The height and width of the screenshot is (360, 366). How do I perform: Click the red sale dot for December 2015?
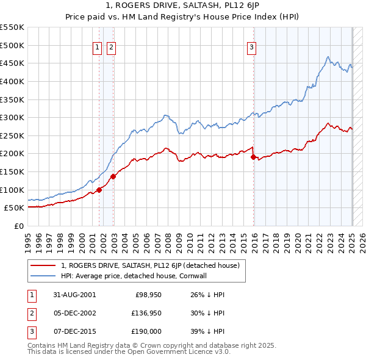point(253,157)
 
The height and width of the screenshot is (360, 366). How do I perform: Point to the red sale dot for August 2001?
point(99,190)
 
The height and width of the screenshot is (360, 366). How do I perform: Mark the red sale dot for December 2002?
point(113,176)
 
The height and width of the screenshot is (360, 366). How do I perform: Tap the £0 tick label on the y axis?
point(19,226)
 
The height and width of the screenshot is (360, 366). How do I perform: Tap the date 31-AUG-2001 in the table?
point(74,295)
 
